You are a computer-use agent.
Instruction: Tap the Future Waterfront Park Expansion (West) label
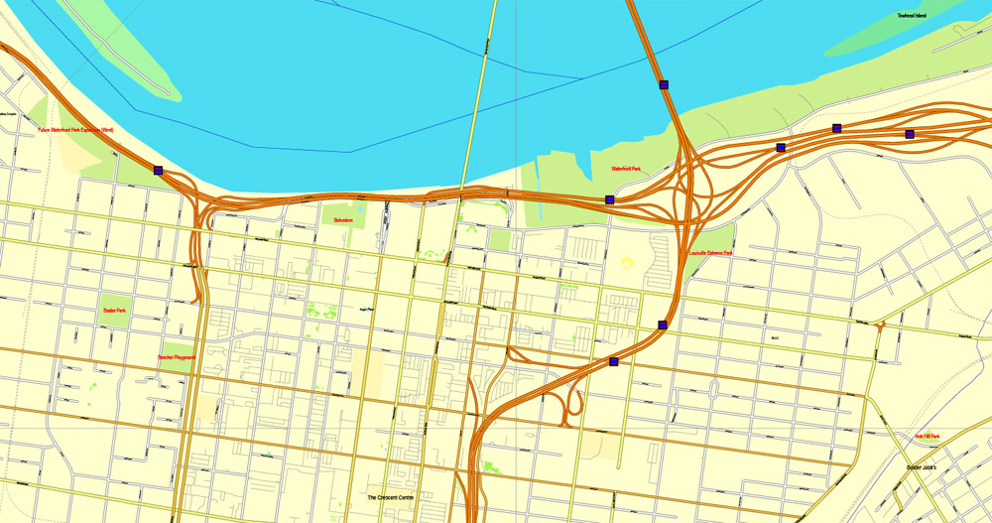[75, 130]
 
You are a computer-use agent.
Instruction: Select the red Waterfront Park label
[626, 170]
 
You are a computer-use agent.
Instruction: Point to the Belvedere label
[344, 219]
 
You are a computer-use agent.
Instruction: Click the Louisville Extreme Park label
[710, 253]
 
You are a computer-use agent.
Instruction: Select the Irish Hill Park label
[928, 437]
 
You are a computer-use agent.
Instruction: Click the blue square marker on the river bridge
[664, 84]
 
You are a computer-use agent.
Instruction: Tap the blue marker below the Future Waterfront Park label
[159, 171]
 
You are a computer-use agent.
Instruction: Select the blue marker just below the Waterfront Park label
[610, 199]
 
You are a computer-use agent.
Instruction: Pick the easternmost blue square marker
[910, 134]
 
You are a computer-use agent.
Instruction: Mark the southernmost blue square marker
[614, 362]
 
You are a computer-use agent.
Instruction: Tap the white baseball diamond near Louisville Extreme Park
[627, 263]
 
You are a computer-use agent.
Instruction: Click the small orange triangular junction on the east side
[880, 326]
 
